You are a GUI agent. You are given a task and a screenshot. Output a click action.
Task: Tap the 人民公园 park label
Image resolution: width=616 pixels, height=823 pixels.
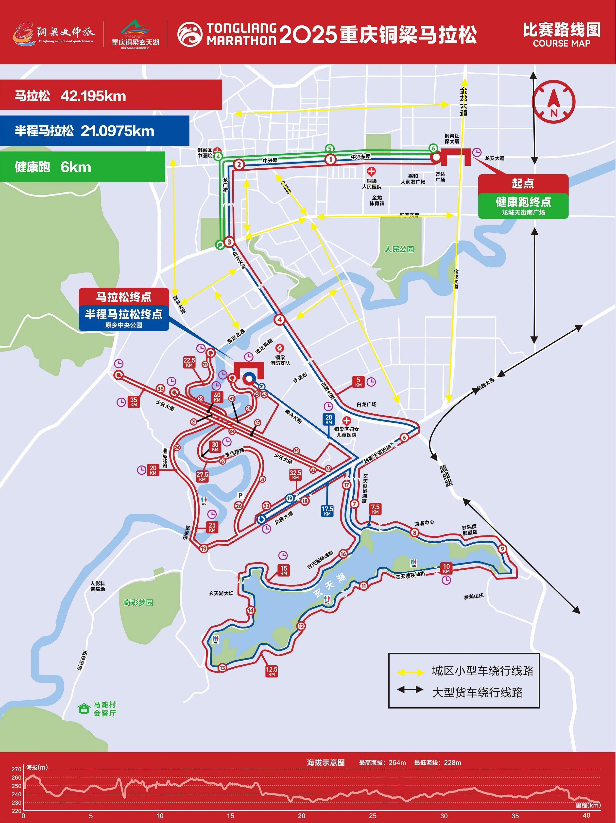click(x=399, y=249)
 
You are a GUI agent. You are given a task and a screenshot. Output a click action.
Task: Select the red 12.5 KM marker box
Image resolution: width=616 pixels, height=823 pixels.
click(x=272, y=671)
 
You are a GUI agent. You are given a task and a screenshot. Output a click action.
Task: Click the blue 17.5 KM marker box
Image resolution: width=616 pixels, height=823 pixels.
click(x=327, y=511)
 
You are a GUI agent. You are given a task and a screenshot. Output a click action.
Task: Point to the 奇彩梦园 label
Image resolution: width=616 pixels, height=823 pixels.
click(x=138, y=602)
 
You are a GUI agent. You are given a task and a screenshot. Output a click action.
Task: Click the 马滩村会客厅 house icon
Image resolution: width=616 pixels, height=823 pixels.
click(x=84, y=709)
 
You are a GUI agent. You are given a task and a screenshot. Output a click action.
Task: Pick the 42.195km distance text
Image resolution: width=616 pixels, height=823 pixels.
click(x=93, y=96)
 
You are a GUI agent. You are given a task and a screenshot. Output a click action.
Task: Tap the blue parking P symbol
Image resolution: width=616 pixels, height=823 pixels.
click(x=240, y=496)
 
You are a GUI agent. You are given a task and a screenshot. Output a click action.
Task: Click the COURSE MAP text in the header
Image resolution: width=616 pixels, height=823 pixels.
click(x=561, y=44)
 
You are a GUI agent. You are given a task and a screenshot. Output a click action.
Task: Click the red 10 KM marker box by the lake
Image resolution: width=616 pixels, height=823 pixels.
click(x=446, y=568)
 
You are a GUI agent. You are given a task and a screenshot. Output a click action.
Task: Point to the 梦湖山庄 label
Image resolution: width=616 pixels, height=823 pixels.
click(x=474, y=597)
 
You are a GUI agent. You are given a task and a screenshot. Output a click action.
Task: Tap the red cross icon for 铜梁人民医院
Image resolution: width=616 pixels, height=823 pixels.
click(x=371, y=172)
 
